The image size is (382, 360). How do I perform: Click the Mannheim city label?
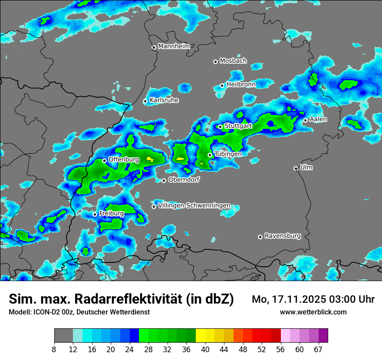tap(173, 46)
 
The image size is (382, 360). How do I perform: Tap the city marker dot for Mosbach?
tap(215, 62)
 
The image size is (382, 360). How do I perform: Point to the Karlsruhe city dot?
tap(145, 101)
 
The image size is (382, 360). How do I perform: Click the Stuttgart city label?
tap(238, 126)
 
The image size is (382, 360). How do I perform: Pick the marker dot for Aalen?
tap(306, 120)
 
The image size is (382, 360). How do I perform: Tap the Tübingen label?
tap(228, 154)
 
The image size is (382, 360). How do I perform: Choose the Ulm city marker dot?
tap(296, 168)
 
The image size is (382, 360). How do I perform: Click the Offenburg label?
tap(124, 159)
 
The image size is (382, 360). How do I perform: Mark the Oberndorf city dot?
tap(164, 180)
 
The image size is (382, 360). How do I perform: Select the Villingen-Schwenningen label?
tap(194, 205)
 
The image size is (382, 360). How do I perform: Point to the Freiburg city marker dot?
tap(95, 214)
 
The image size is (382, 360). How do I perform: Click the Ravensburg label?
tap(283, 236)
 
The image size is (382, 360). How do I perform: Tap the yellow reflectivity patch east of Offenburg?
tap(151, 159)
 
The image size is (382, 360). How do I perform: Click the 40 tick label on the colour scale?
tap(205, 350)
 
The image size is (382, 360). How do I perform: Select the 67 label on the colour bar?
tap(318, 350)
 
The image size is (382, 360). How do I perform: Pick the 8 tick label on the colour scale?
tap(54, 350)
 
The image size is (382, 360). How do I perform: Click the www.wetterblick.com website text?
tap(313, 312)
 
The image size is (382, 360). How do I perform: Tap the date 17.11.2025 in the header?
tap(295, 299)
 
